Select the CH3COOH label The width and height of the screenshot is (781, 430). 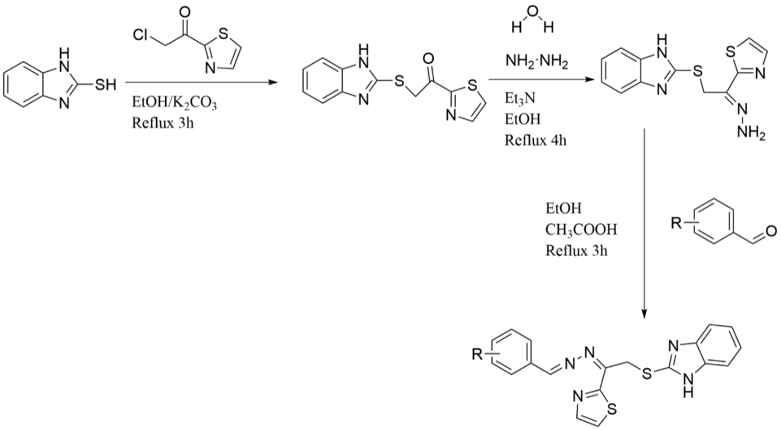(581, 230)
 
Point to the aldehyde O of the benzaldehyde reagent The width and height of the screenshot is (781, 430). (770, 231)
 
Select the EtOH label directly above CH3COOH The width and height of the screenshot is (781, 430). (563, 209)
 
